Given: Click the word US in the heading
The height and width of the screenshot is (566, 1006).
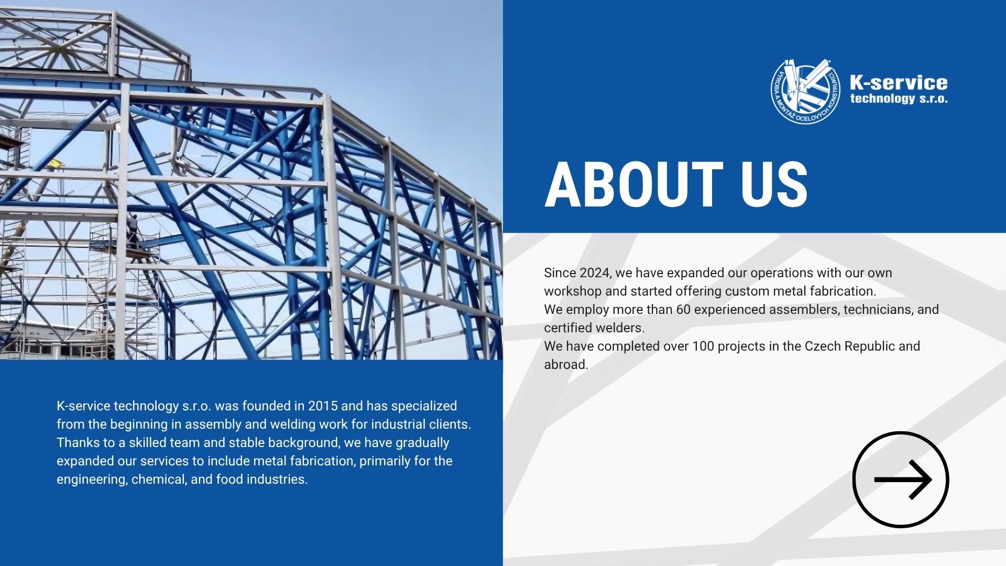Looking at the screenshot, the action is coord(774,184).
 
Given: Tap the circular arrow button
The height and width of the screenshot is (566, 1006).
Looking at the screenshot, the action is coord(901,480).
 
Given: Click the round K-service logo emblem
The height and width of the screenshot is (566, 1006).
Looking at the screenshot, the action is coord(805,91).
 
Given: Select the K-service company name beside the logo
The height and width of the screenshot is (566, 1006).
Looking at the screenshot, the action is coord(899,82).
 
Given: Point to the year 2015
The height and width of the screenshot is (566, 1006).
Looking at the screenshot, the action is coord(323,406).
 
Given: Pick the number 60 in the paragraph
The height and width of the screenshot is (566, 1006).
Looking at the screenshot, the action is coord(683,310).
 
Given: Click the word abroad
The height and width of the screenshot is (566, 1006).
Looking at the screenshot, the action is coord(566,365).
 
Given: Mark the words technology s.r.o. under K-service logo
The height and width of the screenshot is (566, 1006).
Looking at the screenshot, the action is coord(899,99).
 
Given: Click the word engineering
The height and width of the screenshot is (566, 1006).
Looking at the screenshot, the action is coord(92,480).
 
